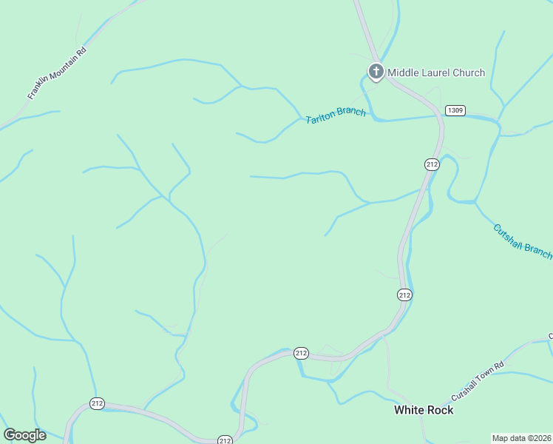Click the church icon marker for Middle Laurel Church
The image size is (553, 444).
[x=376, y=72]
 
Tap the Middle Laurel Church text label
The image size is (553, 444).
[x=436, y=73]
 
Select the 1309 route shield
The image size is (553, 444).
[x=455, y=110]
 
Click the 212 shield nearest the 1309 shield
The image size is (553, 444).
[x=432, y=164]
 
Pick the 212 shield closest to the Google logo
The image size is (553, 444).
[x=97, y=403]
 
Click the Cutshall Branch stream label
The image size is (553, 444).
[x=522, y=241]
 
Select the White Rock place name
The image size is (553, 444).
[x=424, y=409]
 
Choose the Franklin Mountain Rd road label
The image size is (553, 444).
[x=57, y=73]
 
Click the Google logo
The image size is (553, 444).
[x=24, y=435]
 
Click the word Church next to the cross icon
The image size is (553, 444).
[x=469, y=73]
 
